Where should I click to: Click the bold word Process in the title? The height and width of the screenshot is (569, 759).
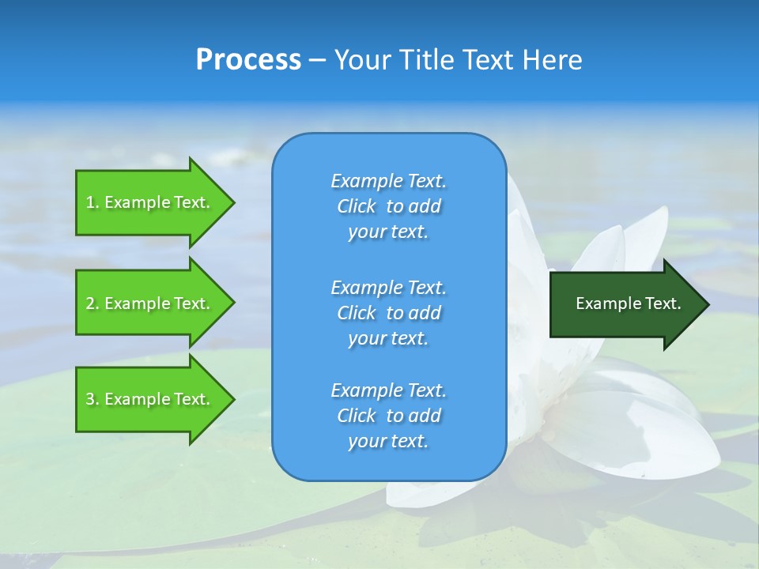[248, 60]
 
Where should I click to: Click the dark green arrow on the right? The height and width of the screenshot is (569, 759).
[625, 303]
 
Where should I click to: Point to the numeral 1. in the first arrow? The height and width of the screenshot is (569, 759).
[93, 202]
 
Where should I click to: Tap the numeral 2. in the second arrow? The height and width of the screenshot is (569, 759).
[93, 303]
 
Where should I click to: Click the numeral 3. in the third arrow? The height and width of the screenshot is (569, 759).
[93, 399]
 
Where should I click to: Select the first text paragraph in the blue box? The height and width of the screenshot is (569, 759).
[388, 206]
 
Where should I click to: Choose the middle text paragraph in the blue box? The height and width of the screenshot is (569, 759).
[388, 313]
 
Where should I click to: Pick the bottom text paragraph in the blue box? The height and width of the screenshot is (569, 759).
[388, 416]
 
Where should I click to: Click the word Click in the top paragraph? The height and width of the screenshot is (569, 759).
[356, 206]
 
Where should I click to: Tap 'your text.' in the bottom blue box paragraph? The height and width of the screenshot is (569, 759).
[388, 441]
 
